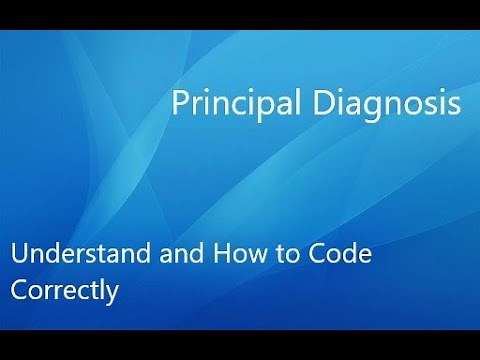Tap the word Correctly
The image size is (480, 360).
(65, 291)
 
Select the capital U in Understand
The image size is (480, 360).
(20, 256)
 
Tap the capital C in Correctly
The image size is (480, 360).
(19, 291)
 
